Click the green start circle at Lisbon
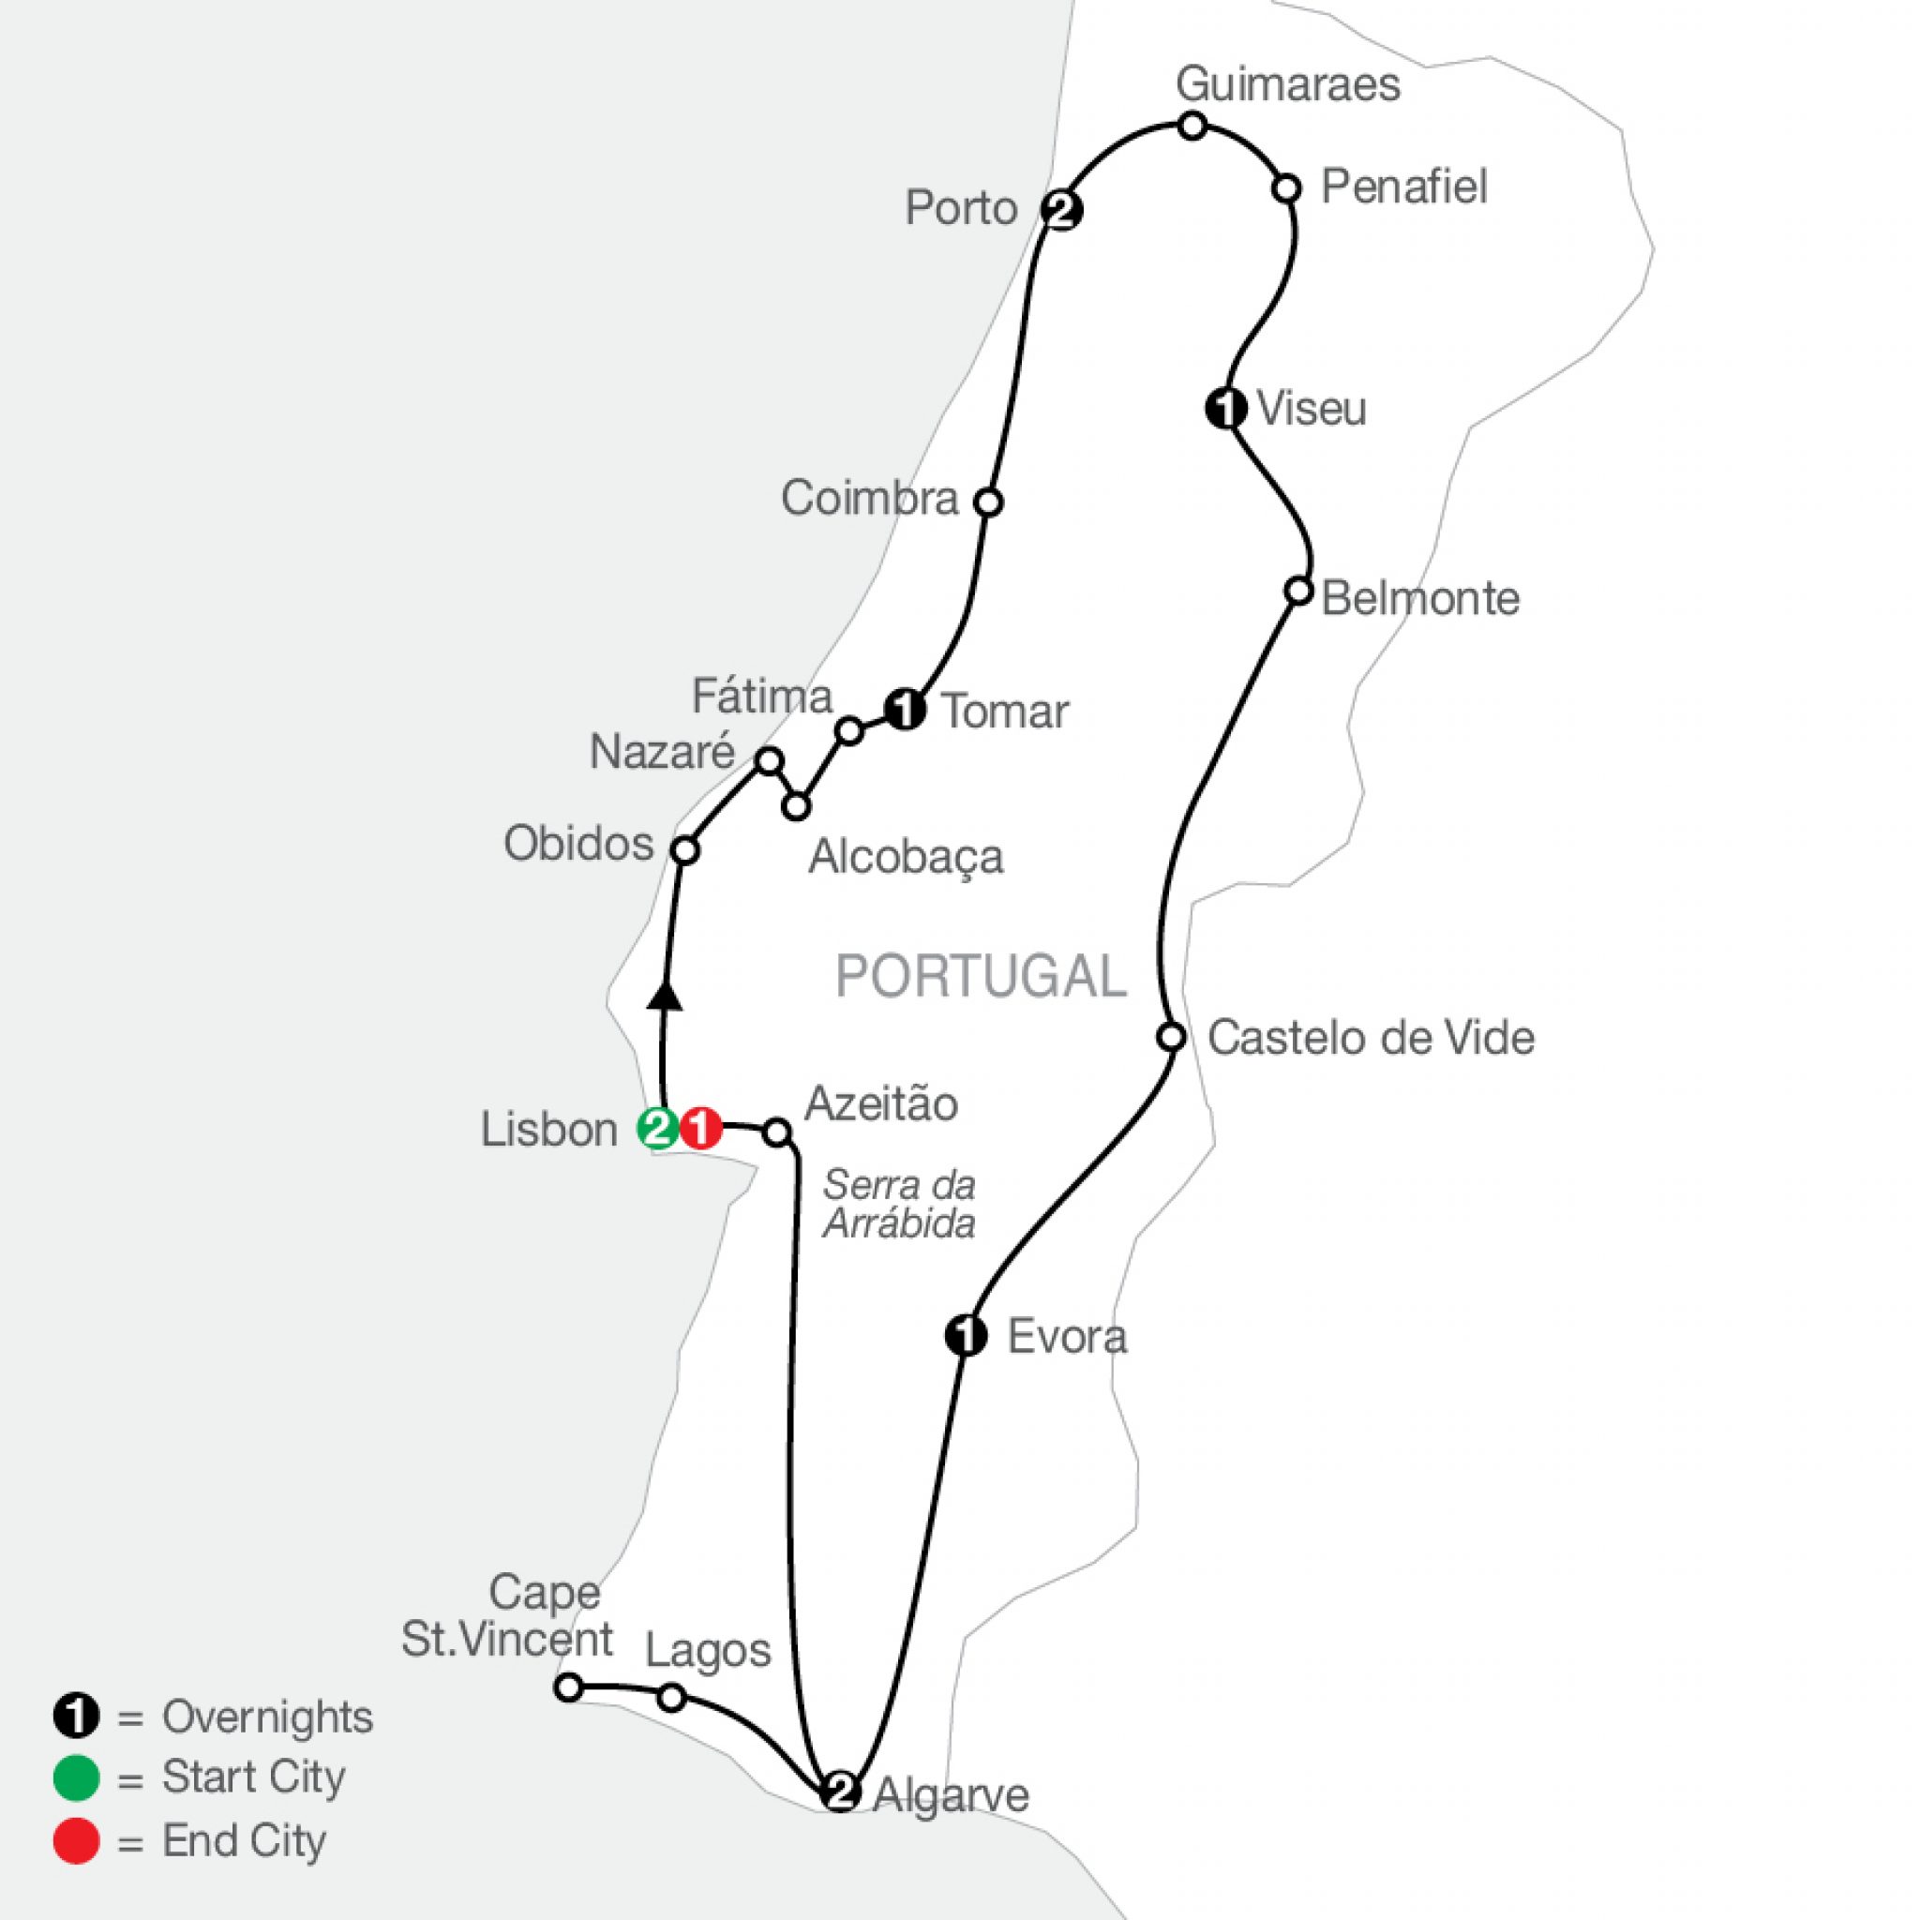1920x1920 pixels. (657, 1129)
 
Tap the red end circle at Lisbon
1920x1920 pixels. (700, 1129)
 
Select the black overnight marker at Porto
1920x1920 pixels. (1061, 211)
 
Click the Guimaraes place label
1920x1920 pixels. (1288, 85)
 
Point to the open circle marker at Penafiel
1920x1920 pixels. (1286, 187)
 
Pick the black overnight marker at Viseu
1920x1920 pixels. (1226, 408)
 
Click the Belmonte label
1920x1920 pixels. (1420, 599)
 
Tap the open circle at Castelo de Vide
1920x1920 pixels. (1173, 1037)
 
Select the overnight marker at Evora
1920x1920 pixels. (966, 1337)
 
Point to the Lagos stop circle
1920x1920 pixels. (672, 1698)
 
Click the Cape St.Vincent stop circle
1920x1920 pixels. (567, 1687)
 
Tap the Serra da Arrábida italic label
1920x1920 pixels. (898, 1205)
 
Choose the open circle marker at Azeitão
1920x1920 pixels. (777, 1132)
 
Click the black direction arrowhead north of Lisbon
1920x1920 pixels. (666, 995)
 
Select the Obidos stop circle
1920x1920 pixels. (684, 849)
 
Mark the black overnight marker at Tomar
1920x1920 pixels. (906, 711)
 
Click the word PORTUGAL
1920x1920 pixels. (981, 977)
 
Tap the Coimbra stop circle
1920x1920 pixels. (988, 502)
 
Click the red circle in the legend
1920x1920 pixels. (77, 1840)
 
